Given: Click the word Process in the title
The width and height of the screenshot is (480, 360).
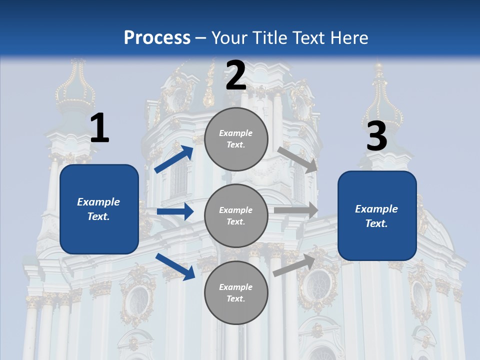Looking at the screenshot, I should [x=157, y=37].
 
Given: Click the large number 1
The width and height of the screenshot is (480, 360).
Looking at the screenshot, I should [x=99, y=128].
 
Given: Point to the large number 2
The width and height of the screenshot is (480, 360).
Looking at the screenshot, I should [x=236, y=75].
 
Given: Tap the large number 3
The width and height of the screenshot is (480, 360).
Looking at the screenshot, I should [x=377, y=136].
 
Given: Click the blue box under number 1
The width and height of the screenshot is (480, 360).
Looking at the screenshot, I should [x=99, y=209].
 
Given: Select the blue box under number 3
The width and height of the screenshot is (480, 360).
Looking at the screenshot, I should [x=377, y=216].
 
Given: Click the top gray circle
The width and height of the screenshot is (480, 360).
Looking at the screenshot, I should [x=236, y=139].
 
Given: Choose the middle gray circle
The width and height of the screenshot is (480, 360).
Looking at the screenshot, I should [x=236, y=216].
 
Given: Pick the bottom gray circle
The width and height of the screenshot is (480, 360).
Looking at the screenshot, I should [x=236, y=293].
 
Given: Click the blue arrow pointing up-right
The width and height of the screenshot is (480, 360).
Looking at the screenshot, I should [x=174, y=159].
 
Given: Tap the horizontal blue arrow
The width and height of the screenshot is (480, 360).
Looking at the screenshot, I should [x=175, y=211].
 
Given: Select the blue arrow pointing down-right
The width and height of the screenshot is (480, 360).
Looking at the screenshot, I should [x=175, y=266].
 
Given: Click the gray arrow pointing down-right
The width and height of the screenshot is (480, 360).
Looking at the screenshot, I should [x=297, y=159].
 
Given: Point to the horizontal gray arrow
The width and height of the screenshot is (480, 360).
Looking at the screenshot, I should [x=296, y=210].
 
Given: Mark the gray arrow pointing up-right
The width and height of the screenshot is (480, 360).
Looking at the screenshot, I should [x=294, y=265].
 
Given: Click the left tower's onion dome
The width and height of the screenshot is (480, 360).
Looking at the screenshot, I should [x=75, y=90].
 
